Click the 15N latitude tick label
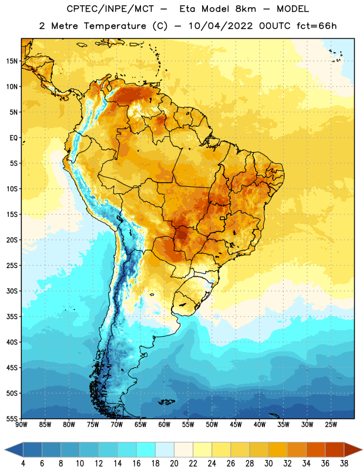point(12,61)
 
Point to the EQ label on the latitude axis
point(14,138)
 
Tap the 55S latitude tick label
point(12,418)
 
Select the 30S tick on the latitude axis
point(12,291)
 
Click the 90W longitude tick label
point(21,425)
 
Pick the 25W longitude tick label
point(331,425)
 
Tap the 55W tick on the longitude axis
point(188,425)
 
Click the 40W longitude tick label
point(260,425)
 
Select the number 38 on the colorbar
point(344,464)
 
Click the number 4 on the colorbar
point(23,464)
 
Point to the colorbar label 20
point(174,464)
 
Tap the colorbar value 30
point(268,464)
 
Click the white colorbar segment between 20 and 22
point(183,449)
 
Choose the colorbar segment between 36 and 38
point(335,449)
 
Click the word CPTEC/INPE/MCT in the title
point(110,9)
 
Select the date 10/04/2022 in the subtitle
point(221,26)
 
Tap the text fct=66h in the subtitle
point(317,26)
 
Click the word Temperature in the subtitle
point(115,26)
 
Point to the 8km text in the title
point(246,9)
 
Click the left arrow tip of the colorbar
point(5,449)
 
